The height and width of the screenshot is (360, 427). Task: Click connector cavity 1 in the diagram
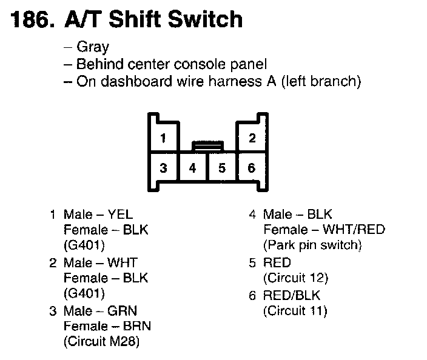(163, 139)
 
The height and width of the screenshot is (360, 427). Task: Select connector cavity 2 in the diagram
(252, 139)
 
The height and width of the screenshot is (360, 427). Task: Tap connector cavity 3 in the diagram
(163, 168)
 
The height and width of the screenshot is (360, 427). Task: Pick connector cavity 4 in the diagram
(193, 168)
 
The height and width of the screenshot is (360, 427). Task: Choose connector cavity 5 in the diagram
(222, 168)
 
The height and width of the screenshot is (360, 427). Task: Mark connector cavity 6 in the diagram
(252, 168)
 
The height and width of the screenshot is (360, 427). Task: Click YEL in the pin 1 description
(119, 214)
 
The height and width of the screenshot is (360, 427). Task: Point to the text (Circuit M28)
(101, 342)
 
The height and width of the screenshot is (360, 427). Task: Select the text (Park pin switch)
(312, 245)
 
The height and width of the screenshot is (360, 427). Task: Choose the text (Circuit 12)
(295, 278)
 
